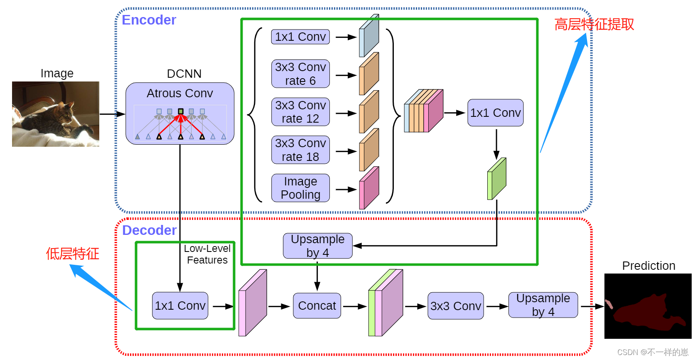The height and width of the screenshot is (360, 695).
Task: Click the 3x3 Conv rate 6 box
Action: [300, 74]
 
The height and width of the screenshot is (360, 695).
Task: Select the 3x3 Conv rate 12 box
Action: [300, 112]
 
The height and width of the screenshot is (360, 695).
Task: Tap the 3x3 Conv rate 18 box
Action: [300, 150]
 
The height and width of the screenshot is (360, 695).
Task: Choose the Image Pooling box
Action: [300, 188]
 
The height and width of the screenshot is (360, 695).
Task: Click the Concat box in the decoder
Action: [317, 306]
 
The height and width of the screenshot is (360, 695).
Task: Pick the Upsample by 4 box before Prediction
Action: [543, 305]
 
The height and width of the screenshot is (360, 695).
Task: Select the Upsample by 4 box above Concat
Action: [318, 246]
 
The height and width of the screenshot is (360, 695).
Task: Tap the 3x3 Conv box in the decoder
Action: [455, 306]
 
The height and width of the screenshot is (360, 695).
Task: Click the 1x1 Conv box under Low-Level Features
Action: [180, 306]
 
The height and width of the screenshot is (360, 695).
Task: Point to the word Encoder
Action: [149, 20]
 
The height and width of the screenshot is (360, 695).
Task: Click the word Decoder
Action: [149, 230]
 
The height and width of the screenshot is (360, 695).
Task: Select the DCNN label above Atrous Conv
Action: [184, 74]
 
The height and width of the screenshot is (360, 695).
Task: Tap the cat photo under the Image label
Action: [56, 114]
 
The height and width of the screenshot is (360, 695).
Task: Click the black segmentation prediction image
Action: [648, 306]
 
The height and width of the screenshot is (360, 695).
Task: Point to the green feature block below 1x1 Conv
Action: [497, 179]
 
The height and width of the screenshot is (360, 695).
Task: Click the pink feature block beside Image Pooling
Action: [369, 188]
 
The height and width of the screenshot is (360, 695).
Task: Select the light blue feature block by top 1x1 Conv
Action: [369, 36]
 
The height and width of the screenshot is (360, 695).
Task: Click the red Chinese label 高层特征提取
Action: [594, 24]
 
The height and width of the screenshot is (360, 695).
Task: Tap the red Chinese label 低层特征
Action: [73, 254]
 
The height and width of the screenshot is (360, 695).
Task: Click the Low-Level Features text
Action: [207, 254]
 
